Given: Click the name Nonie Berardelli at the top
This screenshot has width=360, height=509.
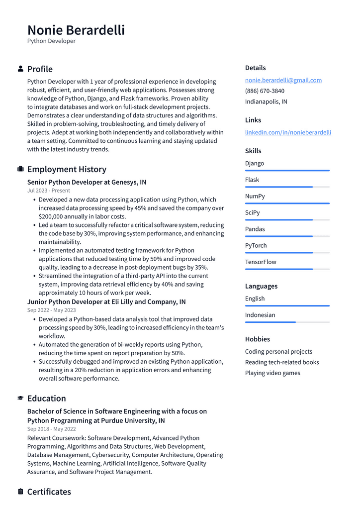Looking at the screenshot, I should tap(76, 30).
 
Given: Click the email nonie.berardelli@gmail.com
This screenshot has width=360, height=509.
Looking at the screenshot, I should tap(283, 80).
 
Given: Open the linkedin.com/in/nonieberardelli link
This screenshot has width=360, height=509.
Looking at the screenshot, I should tap(288, 132).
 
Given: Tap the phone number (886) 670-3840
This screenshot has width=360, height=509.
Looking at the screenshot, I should tap(265, 91).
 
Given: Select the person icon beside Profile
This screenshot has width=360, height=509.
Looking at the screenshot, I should tap(20, 69).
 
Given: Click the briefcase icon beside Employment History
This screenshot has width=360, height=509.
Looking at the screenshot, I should tap(20, 169).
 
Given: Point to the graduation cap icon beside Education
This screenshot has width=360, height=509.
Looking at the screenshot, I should tap(20, 398).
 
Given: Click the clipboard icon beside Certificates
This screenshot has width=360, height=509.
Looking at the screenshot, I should tap(20, 492).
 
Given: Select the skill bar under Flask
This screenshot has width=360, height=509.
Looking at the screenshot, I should tap(287, 187).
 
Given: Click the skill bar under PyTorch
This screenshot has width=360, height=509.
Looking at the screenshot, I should tap(287, 253).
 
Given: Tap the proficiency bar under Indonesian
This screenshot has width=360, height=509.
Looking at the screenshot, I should tap(287, 322).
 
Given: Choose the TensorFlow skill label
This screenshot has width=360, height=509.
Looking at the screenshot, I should tap(261, 262).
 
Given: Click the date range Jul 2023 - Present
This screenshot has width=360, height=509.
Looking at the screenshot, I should tap(49, 191).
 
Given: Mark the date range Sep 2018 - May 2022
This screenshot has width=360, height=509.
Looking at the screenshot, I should tap(52, 429).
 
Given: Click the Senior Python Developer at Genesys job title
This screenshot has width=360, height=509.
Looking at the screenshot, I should tap(87, 182).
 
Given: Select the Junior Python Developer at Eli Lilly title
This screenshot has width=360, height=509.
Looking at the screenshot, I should tap(106, 302).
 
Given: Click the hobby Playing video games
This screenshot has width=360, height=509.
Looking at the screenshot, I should tap(272, 373).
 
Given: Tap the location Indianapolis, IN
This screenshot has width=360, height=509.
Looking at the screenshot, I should tap(266, 102).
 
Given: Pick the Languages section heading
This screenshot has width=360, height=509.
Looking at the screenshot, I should tap(261, 286).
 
